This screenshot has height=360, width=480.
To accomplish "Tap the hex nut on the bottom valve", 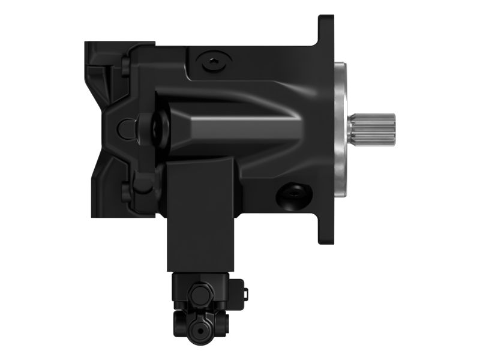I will tap(198, 295).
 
